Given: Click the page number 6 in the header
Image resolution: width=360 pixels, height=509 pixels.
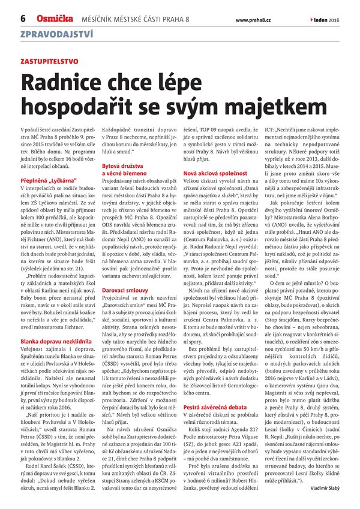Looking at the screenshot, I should click(22, 19).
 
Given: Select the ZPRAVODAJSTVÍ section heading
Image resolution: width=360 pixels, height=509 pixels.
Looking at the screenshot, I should click(56, 34).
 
